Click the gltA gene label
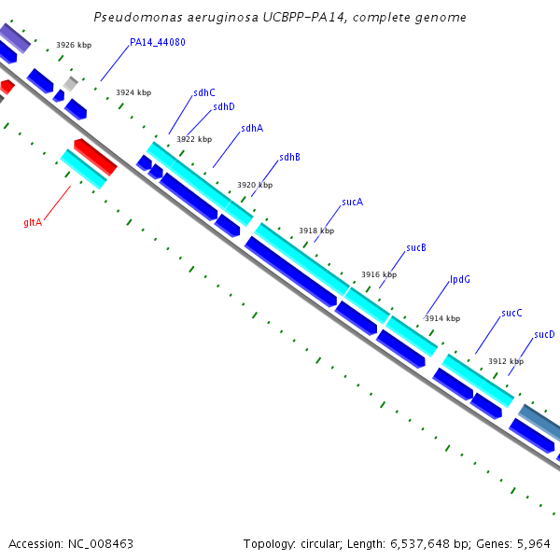[33, 222]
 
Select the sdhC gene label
[204, 92]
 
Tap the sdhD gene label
[224, 106]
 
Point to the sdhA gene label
[252, 129]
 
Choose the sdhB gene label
[289, 157]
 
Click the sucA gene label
[352, 202]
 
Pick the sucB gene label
[416, 248]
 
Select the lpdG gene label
[460, 279]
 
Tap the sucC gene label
[511, 313]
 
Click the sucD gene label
[544, 334]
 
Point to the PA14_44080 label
[158, 42]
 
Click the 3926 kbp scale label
[74, 45]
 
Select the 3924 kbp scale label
[133, 92]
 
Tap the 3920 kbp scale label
[255, 185]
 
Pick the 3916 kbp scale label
[379, 274]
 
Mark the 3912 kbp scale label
[506, 361]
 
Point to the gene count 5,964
[536, 543]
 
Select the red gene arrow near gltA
[95, 157]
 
